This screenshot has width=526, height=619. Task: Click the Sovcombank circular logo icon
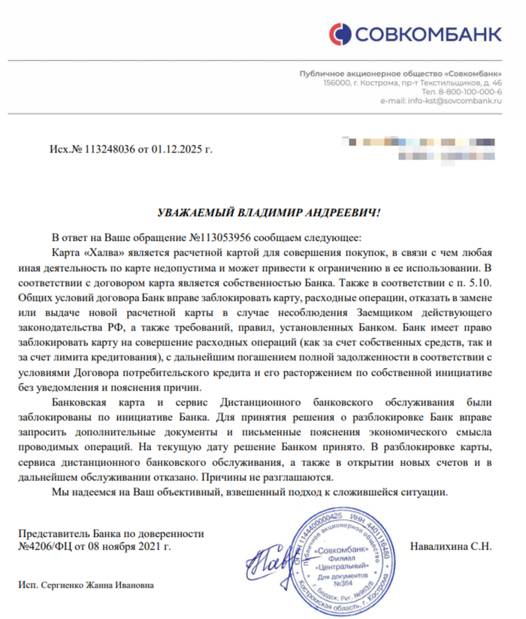[x=340, y=34]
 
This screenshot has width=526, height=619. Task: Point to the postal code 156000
[x=338, y=82]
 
